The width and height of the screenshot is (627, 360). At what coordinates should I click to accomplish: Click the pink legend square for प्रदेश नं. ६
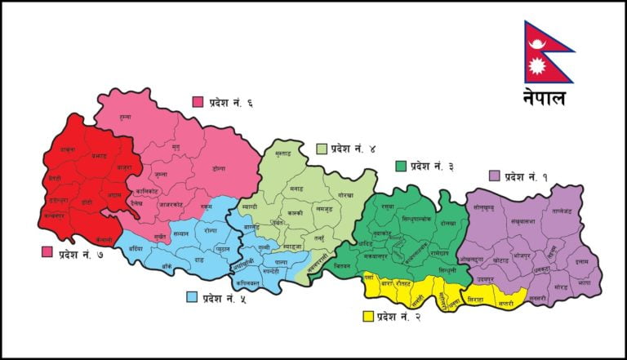click(x=198, y=102)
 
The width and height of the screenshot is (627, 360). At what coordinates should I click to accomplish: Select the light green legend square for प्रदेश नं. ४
click(x=322, y=149)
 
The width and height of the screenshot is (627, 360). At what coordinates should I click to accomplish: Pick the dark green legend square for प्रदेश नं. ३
click(x=400, y=166)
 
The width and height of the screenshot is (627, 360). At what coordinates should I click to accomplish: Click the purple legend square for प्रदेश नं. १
click(x=493, y=176)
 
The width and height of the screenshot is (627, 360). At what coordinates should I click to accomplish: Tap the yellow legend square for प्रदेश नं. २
click(x=368, y=316)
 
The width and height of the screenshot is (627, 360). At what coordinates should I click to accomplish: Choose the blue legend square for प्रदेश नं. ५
click(x=193, y=296)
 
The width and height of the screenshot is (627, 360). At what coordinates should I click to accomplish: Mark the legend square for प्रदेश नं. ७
click(x=47, y=252)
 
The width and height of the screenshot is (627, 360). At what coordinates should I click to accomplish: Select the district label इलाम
click(x=580, y=264)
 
